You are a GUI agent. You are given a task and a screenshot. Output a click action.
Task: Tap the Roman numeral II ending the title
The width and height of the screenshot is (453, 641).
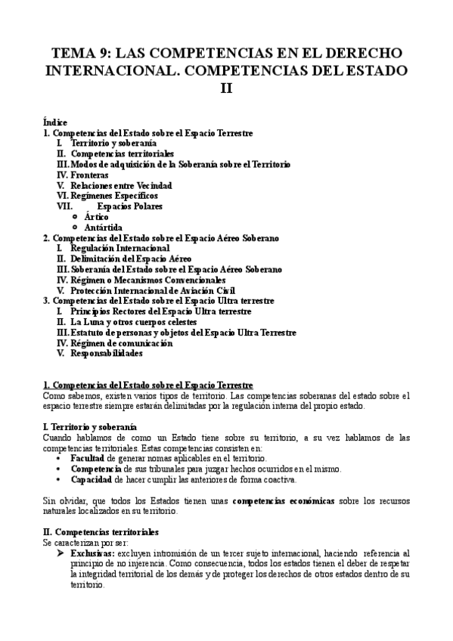226,88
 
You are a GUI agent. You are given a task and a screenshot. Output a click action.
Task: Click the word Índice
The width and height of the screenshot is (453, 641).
56,122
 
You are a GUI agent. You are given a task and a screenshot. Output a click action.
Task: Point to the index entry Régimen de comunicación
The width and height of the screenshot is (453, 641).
122,342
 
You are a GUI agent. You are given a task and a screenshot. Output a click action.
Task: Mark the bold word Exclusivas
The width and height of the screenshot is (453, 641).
92,554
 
